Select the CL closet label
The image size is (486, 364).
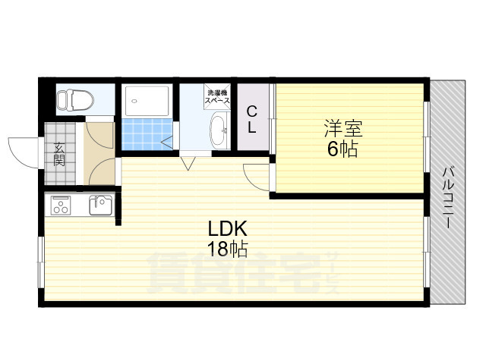[x=251, y=120]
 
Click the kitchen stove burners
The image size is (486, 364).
[x=62, y=205]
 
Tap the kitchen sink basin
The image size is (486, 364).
[x=100, y=205]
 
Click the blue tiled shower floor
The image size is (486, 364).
[x=142, y=134]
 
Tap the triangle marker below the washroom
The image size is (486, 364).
[x=187, y=162]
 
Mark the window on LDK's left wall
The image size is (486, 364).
[x=42, y=262]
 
